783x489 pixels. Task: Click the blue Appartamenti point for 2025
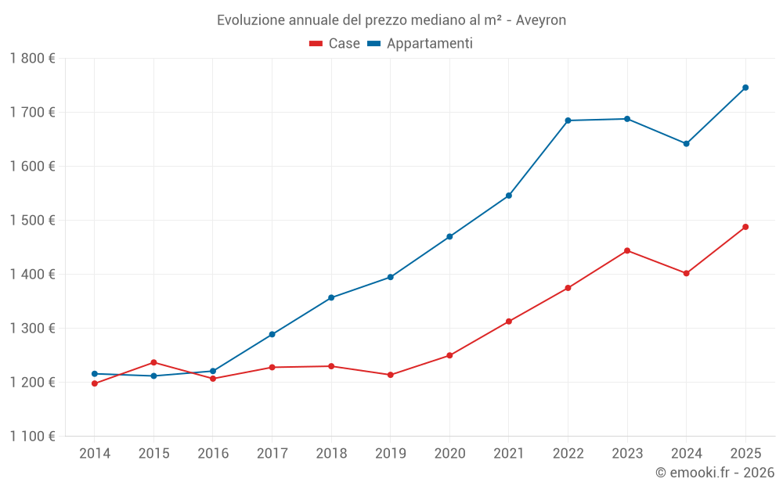tap(745, 88)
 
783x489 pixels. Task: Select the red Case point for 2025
tap(745, 227)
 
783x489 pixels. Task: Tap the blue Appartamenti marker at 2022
tap(568, 120)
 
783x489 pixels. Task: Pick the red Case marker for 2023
tap(627, 250)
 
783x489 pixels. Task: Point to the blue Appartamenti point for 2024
tap(686, 143)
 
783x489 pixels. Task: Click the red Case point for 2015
tap(153, 362)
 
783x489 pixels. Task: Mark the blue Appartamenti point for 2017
tap(272, 334)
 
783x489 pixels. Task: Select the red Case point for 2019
tap(390, 375)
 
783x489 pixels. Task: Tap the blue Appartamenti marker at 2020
tap(449, 236)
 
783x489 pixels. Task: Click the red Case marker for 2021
tap(509, 322)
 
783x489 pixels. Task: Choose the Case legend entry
tap(335, 44)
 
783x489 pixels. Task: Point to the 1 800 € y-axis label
tap(32, 58)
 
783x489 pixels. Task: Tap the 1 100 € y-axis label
tap(32, 436)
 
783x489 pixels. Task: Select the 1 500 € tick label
tap(32, 220)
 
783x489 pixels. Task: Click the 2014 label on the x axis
tap(95, 453)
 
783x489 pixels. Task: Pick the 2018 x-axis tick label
tap(331, 453)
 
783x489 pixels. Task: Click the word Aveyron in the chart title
tap(541, 20)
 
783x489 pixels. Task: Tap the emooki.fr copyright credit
tap(715, 473)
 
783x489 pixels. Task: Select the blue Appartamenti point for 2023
tap(627, 119)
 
